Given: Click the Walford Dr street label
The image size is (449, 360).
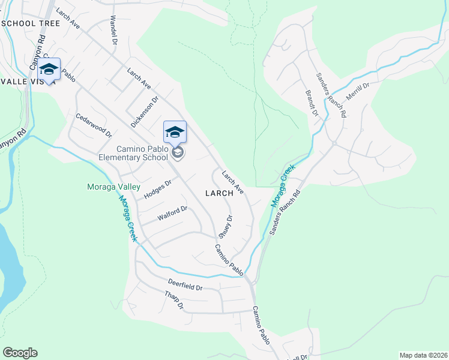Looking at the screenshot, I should coord(172,213).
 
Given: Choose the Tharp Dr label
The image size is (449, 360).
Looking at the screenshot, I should coord(173,302).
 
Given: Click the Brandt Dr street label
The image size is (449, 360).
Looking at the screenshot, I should coord(310,103).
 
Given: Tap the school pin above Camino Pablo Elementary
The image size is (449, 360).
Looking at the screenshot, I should coord(175,132).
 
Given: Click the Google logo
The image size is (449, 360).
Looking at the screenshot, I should coord(20,353).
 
